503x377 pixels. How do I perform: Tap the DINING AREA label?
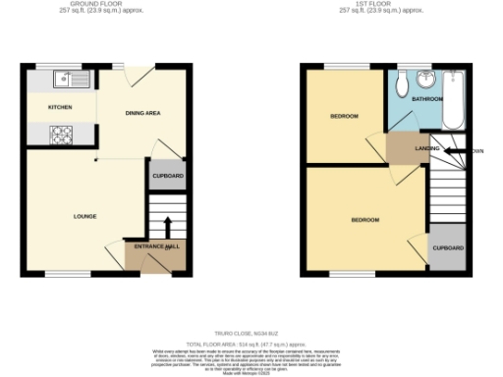tap(142, 114)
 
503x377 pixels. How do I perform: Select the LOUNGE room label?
tap(84, 216)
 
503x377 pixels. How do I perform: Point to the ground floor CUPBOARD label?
tap(164, 176)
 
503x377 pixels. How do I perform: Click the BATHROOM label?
tap(426, 99)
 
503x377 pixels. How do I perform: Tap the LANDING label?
tap(426, 148)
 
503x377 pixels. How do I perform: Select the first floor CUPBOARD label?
tap(449, 248)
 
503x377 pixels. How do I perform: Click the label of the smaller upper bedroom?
tap(343, 117)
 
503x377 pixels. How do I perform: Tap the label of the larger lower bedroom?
tap(365, 220)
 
